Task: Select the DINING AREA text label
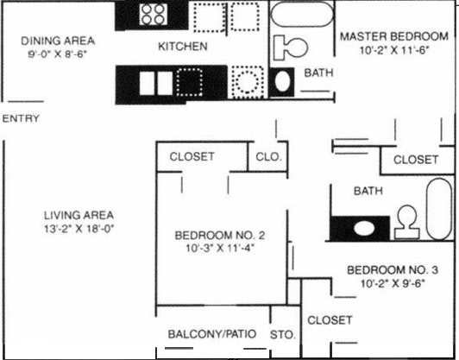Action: [58, 41]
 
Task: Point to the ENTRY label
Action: [21, 118]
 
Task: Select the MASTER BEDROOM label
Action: [393, 37]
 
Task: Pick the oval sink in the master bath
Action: [281, 83]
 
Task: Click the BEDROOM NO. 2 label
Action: [218, 235]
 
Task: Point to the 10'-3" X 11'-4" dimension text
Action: [218, 248]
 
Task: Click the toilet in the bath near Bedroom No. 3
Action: [405, 222]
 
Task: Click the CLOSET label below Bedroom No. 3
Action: [330, 320]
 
